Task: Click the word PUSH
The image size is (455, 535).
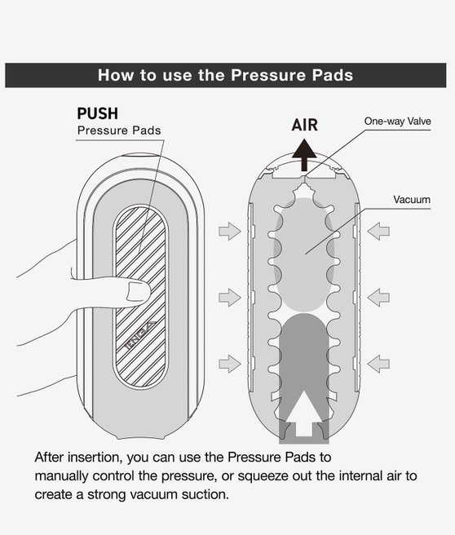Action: [x=98, y=113]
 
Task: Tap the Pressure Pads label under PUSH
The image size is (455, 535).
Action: [x=119, y=130]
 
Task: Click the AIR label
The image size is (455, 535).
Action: [x=305, y=125]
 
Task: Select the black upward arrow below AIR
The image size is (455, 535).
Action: [x=304, y=155]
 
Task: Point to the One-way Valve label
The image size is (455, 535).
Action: [x=397, y=122]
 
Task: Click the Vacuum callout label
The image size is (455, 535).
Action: [x=412, y=200]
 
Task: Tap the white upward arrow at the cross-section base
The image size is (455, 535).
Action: [x=303, y=413]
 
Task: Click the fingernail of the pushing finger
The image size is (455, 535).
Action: [x=138, y=292]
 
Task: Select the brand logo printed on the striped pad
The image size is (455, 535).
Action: [x=140, y=336]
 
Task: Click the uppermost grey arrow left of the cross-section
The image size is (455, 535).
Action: [x=230, y=231]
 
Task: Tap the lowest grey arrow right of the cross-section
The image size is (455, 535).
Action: [x=378, y=364]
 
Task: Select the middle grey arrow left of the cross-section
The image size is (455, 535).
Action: [x=230, y=297]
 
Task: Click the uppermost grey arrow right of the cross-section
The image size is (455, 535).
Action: [x=378, y=231]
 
